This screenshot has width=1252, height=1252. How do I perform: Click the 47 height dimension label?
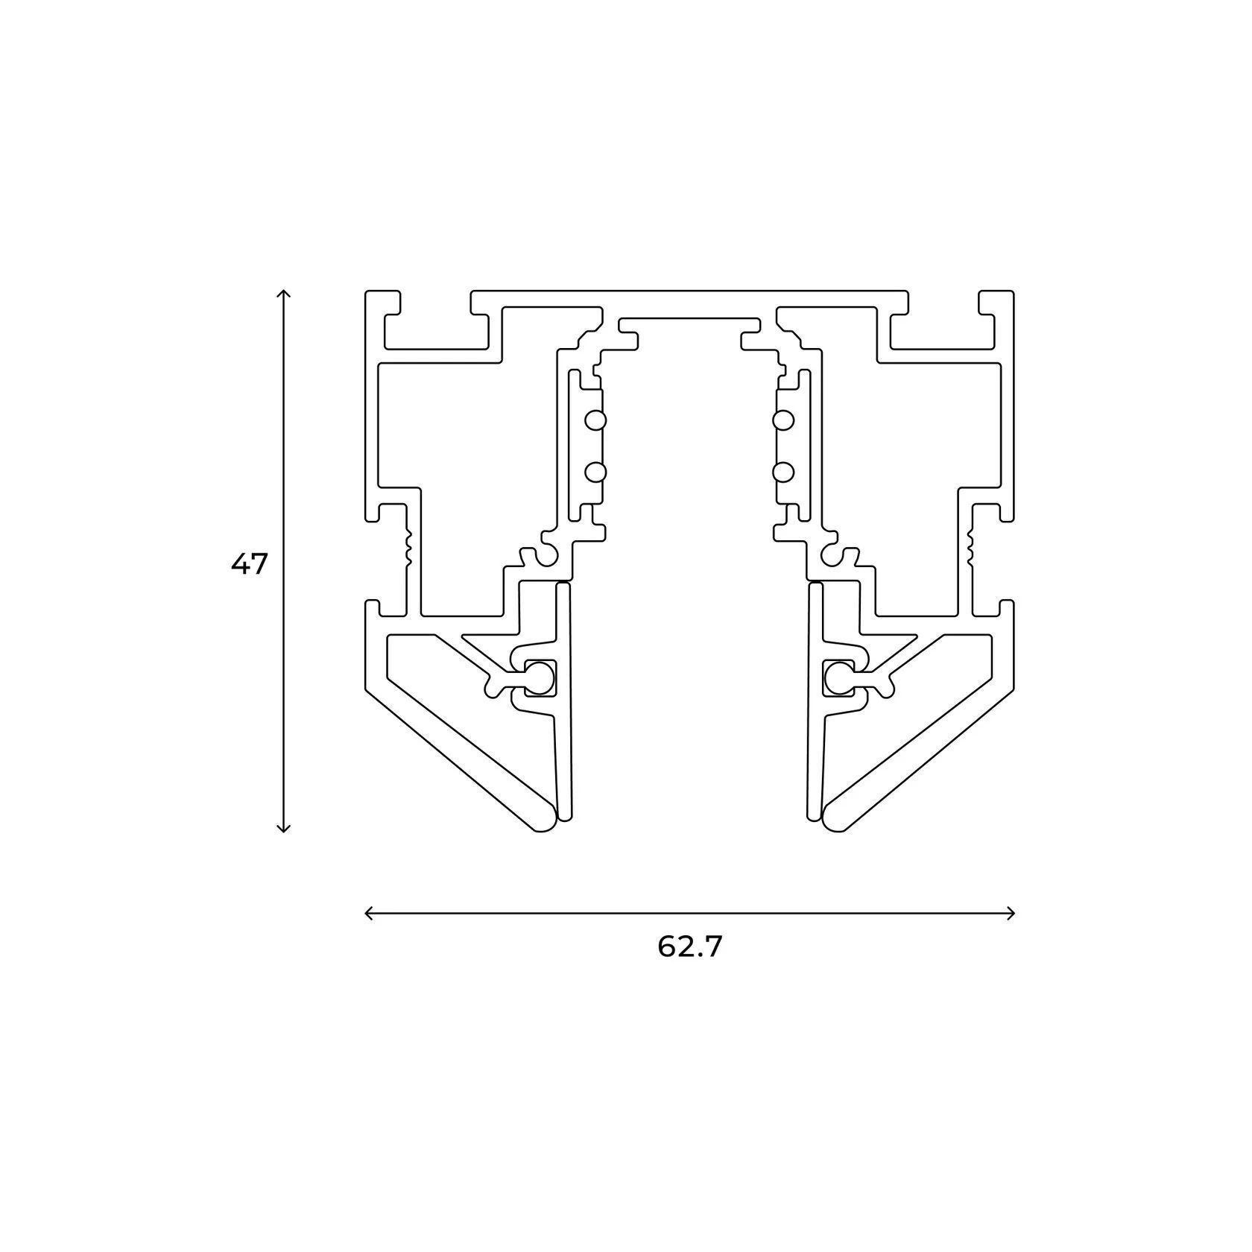click(248, 565)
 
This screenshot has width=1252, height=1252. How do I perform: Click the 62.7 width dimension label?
click(690, 946)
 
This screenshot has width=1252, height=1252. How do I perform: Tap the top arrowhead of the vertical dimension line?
click(282, 294)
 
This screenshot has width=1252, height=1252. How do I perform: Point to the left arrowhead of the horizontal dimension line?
click(369, 913)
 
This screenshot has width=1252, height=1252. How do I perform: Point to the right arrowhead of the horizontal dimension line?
click(1011, 913)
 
